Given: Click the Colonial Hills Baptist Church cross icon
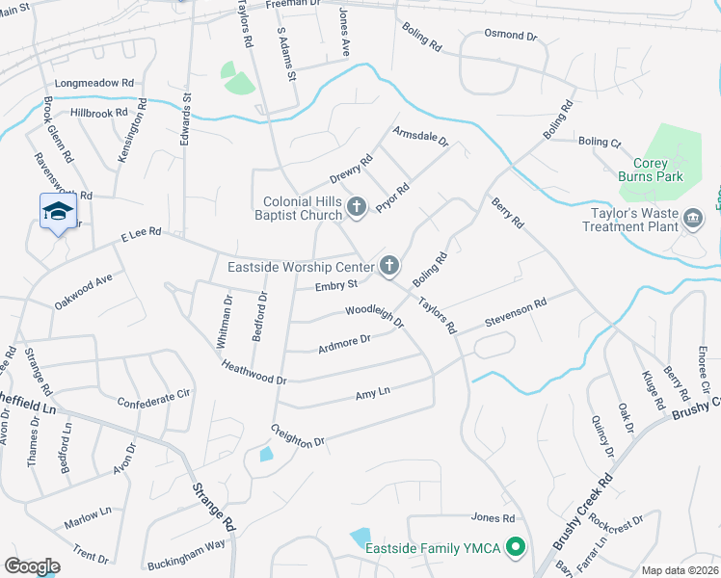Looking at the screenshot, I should pyautogui.click(x=357, y=206).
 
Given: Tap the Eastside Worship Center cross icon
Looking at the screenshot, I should pyautogui.click(x=389, y=265).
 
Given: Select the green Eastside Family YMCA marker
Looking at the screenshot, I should pyautogui.click(x=515, y=549).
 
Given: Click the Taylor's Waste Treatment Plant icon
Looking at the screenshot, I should pyautogui.click(x=692, y=220).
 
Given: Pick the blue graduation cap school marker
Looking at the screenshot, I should pyautogui.click(x=58, y=212).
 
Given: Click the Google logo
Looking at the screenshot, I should pyautogui.click(x=32, y=566).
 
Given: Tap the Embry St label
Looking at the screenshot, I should pyautogui.click(x=336, y=285).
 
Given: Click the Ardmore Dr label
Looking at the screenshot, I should pyautogui.click(x=344, y=341).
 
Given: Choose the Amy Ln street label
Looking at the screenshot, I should pyautogui.click(x=372, y=393).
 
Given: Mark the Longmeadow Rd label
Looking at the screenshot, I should pyautogui.click(x=93, y=83).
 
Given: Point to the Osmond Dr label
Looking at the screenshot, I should pyautogui.click(x=511, y=36).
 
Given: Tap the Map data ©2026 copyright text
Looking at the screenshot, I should pyautogui.click(x=681, y=570).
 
